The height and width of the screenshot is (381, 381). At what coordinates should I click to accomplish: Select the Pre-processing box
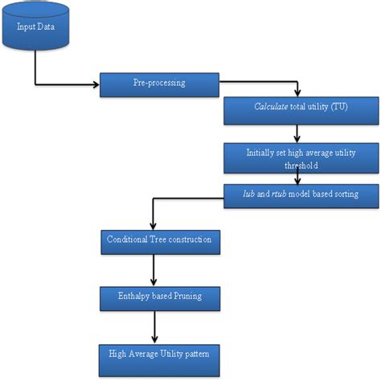[158, 84]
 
